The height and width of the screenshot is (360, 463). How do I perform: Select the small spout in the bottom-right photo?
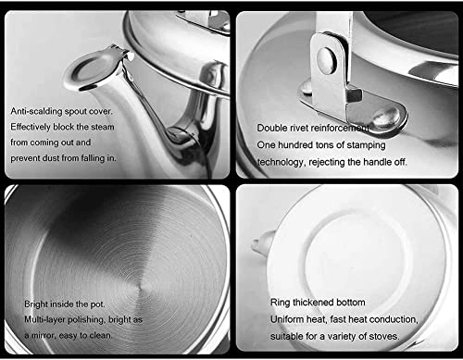[262, 246]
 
